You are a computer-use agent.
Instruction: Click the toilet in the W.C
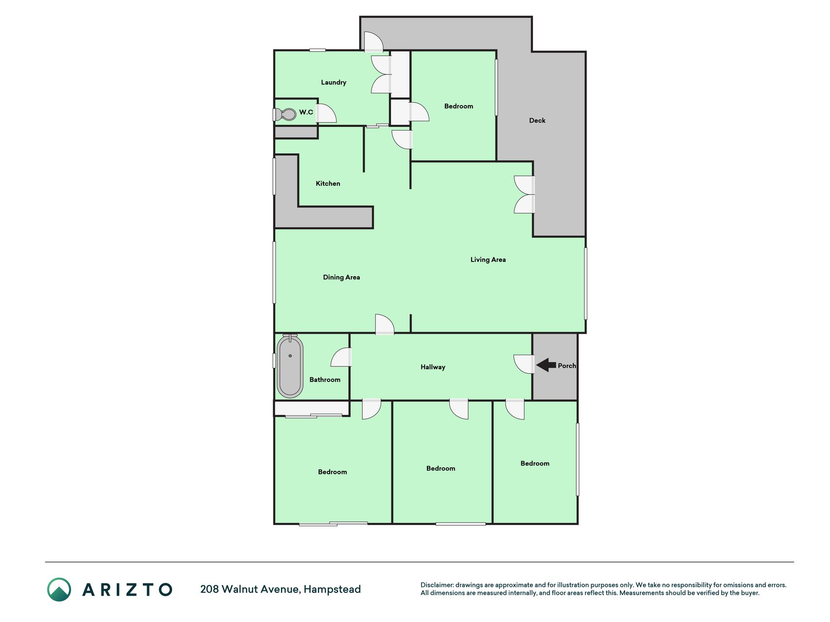(x=285, y=115)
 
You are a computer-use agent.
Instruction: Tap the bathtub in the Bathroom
(x=290, y=366)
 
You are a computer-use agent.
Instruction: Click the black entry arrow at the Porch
(x=546, y=365)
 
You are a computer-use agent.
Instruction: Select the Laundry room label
(x=334, y=82)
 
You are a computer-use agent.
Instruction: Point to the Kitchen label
(x=328, y=183)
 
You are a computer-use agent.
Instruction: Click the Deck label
(x=537, y=121)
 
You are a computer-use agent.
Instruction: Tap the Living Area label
(x=488, y=259)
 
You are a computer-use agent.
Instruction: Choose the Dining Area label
(x=341, y=277)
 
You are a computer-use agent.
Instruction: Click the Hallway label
(x=433, y=367)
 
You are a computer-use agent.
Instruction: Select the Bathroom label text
(x=325, y=380)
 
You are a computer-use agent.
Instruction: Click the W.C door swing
(x=327, y=113)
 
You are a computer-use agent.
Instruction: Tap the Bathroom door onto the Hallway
(x=341, y=357)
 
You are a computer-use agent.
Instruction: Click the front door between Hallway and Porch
(x=524, y=364)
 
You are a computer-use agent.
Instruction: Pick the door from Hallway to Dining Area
(x=385, y=324)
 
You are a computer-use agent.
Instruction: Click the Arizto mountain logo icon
(x=59, y=589)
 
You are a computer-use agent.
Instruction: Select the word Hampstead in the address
(x=332, y=589)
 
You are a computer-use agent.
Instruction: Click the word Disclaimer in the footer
(x=437, y=585)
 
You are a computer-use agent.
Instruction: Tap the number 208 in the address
(x=210, y=589)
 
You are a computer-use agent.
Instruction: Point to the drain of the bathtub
(x=290, y=356)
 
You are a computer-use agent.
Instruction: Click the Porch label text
(x=567, y=365)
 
